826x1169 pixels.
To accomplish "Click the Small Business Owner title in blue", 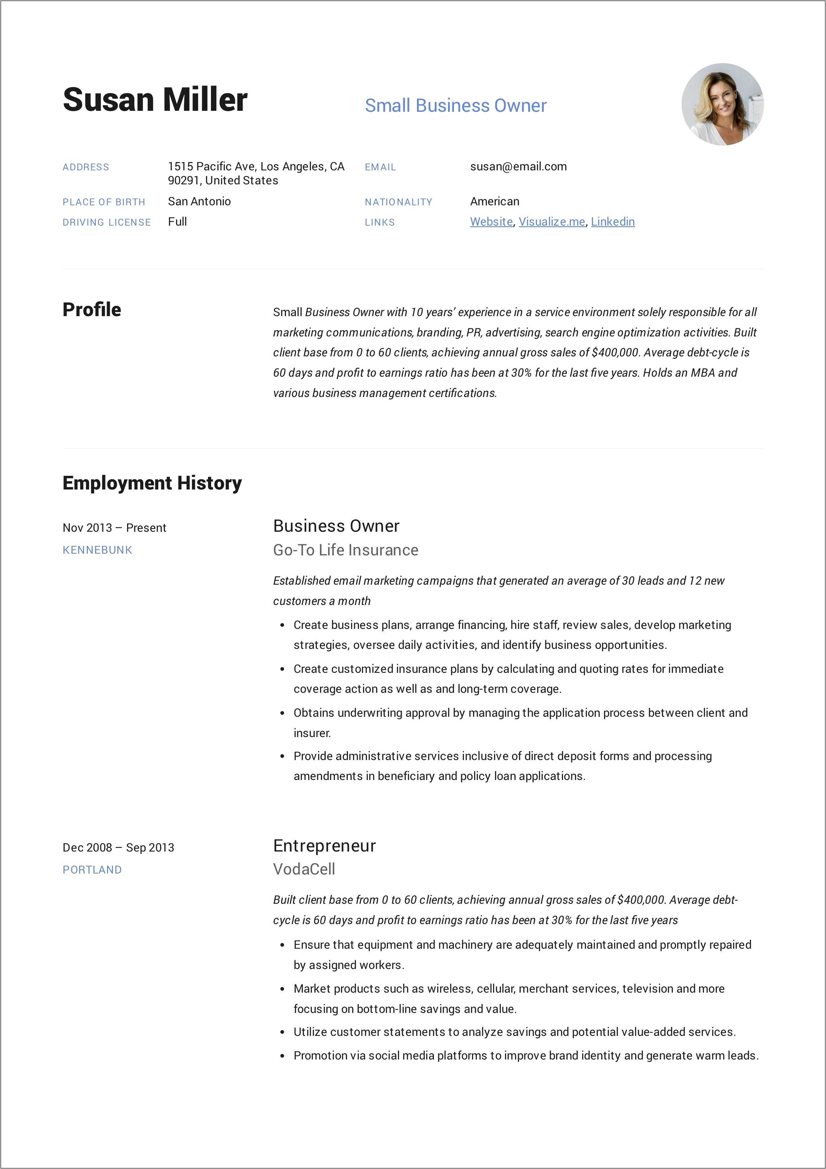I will click(456, 105).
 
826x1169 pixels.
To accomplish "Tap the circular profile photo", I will click(722, 104).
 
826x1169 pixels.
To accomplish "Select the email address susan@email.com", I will click(518, 166).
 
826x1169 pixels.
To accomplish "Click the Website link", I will click(491, 222).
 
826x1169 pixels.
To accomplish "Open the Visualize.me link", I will click(552, 222).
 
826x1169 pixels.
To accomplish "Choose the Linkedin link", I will click(613, 222).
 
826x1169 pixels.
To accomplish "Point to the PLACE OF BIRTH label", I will click(104, 202).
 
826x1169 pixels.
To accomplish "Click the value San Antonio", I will click(199, 202).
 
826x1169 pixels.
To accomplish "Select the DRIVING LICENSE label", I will click(106, 223).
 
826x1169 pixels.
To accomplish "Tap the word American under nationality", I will click(494, 202).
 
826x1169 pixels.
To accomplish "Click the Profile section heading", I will click(91, 309).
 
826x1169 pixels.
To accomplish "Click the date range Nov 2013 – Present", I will click(114, 527).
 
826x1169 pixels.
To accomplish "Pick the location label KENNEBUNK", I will click(97, 550).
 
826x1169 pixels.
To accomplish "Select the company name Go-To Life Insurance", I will click(345, 550).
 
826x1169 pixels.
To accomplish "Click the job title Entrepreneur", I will click(324, 846).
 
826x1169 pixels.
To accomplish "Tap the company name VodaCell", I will click(304, 869).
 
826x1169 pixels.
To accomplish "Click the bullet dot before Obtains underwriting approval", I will click(282, 713).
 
